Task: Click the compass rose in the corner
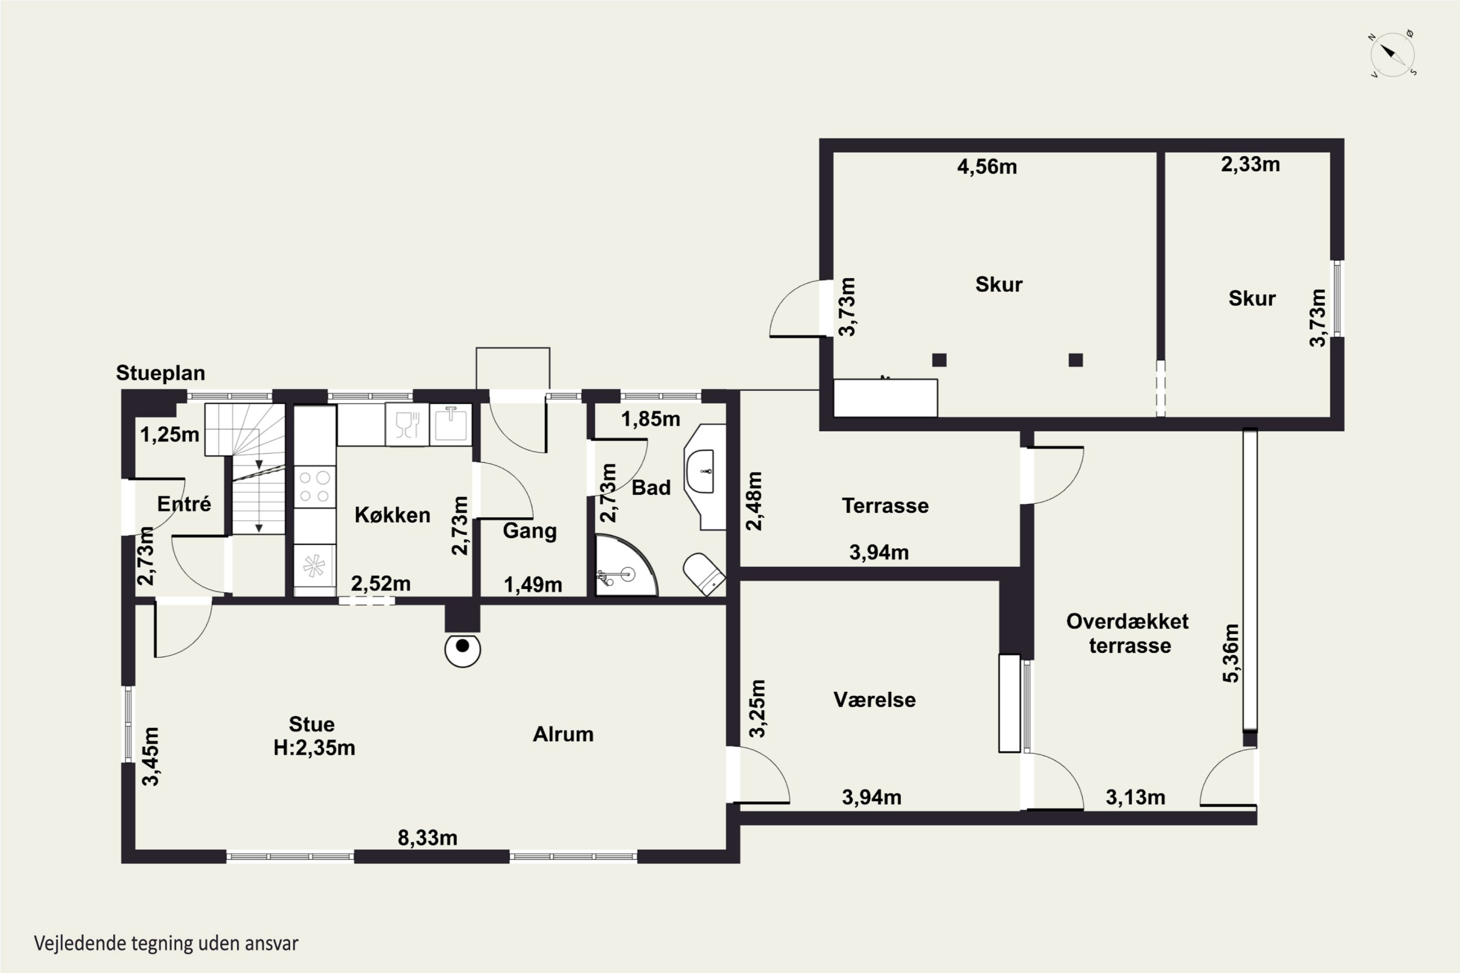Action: [x=1392, y=54]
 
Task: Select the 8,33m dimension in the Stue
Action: [x=428, y=838]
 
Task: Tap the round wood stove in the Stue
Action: [x=462, y=649]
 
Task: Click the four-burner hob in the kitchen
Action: [x=315, y=486]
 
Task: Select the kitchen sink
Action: [x=451, y=424]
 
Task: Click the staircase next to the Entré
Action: [x=246, y=468]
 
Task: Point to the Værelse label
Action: [x=874, y=700]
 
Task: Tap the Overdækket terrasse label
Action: [x=1128, y=633]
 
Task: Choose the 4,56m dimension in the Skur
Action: [x=987, y=166]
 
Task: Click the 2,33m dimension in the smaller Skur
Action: [x=1250, y=164]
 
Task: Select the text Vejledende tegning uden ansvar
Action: [x=166, y=943]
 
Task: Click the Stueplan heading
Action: [x=160, y=373]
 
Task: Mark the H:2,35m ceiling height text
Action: [x=315, y=748]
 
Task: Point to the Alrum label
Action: [x=563, y=734]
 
